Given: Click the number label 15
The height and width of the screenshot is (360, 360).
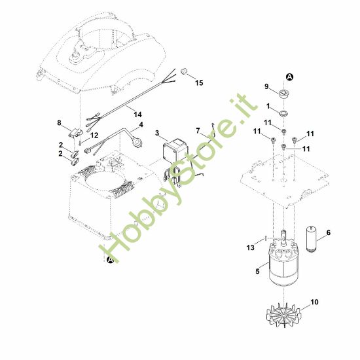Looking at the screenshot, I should tap(199, 83).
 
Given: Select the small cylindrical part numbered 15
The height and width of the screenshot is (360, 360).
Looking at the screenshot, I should tap(185, 70).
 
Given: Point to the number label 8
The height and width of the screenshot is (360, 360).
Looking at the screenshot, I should tap(60, 122).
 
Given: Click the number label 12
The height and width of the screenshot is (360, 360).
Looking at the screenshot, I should tap(95, 135).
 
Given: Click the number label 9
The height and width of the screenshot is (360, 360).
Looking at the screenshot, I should tap(267, 86).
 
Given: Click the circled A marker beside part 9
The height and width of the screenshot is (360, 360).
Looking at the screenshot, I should tap(290, 77).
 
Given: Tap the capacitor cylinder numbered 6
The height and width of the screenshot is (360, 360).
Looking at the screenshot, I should tap(312, 238).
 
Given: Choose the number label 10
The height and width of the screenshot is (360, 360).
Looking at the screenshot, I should tap(316, 302).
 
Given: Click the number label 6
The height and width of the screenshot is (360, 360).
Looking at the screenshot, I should tap(329, 232).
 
